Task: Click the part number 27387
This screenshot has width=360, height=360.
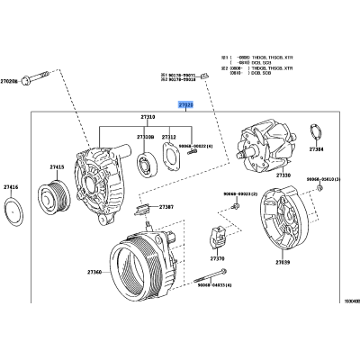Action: (167, 207)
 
